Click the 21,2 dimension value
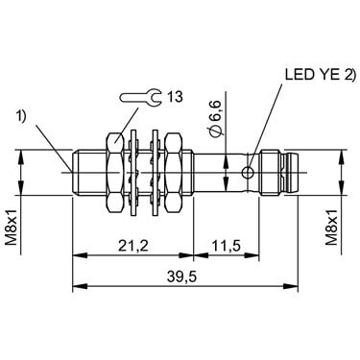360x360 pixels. coord(133,246)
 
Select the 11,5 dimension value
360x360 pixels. coord(226,246)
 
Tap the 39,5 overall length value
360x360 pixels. coord(181,276)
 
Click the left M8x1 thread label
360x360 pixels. coord(12,228)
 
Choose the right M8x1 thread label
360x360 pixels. coord(332,228)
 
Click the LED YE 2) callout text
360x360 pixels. coord(321,75)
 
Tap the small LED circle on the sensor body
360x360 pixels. coord(248,173)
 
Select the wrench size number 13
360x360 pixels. coord(175,96)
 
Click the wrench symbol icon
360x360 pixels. coord(140,97)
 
